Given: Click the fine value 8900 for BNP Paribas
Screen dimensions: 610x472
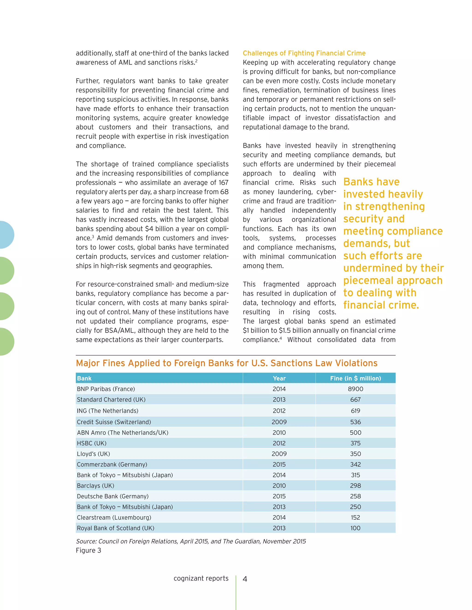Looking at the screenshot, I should tap(355, 389).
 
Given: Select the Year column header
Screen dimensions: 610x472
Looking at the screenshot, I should tap(279, 378).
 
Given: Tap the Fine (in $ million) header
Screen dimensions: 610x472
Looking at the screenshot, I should tap(355, 378).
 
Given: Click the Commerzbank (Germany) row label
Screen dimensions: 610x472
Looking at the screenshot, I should tap(112, 464).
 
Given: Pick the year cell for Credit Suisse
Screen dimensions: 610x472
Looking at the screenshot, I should tap(279, 422).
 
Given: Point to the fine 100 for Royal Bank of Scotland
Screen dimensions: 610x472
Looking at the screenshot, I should tap(355, 528).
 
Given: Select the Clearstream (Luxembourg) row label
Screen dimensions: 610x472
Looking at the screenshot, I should tap(114, 517).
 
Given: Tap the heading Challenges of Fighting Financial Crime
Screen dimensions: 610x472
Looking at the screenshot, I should tap(304, 53).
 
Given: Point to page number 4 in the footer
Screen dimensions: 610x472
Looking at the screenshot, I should tap(245, 579).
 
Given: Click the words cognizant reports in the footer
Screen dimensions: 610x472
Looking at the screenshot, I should tap(201, 578).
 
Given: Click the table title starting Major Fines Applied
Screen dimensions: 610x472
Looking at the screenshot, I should tap(227, 363).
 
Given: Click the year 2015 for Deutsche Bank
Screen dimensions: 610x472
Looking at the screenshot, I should tap(279, 496).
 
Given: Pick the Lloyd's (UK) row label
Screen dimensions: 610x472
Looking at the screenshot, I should tap(93, 454).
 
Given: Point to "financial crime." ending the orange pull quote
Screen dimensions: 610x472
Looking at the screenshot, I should tap(381, 305).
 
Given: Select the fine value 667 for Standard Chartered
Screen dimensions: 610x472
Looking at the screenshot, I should tap(355, 399).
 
